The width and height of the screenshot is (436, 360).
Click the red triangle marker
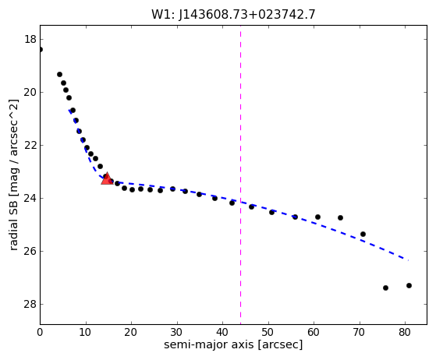point(107,178)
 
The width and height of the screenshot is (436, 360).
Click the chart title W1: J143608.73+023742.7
point(233,14)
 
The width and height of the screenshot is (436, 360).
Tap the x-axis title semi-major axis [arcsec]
point(233,344)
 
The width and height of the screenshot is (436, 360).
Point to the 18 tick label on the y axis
point(30,39)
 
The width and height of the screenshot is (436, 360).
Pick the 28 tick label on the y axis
point(30,304)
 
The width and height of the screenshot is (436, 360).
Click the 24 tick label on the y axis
point(30,198)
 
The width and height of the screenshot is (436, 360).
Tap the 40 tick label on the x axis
point(222,332)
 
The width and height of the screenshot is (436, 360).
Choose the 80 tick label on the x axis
point(405,332)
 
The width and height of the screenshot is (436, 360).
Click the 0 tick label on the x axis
point(40,332)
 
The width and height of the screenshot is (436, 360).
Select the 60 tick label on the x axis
point(314,332)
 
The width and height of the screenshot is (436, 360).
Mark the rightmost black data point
point(409,285)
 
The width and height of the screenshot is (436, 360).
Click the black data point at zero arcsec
point(41,49)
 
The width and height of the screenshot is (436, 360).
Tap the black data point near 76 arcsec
point(385,288)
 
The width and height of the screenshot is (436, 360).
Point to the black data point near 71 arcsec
point(363,235)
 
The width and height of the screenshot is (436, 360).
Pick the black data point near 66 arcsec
point(340,217)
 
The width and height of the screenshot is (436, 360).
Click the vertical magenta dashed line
point(240,175)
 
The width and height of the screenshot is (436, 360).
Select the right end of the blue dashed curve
point(408,260)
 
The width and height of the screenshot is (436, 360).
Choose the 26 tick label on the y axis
point(30,251)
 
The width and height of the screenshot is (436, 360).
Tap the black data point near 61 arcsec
point(317,217)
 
